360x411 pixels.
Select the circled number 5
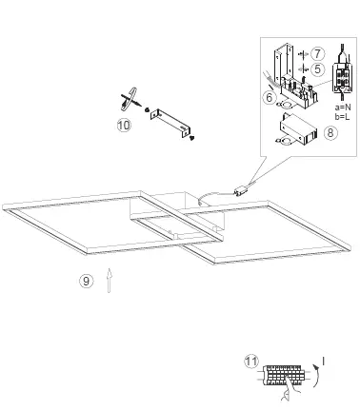click(317, 68)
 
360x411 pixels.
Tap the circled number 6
click(271, 97)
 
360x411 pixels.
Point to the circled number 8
click(330, 133)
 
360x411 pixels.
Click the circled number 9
click(87, 280)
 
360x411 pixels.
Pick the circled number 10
click(123, 125)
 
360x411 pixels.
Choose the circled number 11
click(250, 361)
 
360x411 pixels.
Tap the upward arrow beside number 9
click(110, 280)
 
